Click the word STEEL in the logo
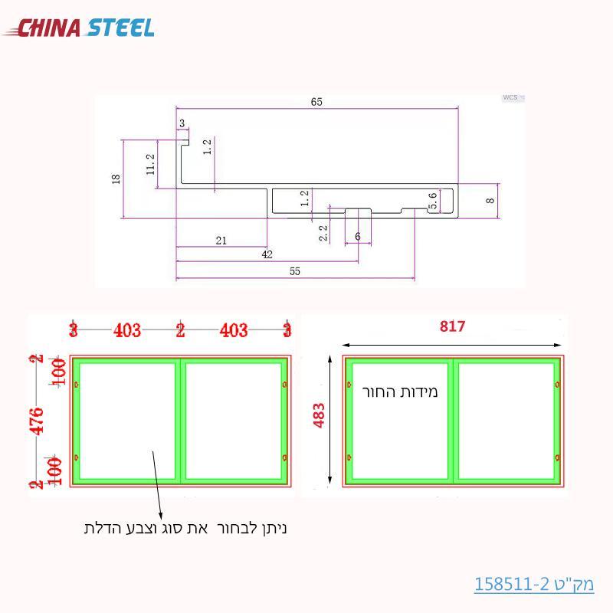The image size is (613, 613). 120,28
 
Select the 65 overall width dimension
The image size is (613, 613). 316,102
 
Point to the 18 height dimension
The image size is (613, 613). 116,179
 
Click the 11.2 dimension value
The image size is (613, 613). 150,163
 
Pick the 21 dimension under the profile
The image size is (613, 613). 221,241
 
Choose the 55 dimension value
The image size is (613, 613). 295,271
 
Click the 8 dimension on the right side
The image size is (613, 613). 490,200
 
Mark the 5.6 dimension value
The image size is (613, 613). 433,202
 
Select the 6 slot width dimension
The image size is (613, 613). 357,238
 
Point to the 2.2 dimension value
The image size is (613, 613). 323,232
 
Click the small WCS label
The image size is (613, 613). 510,98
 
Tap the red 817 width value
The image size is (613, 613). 452,326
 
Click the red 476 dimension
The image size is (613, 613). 35,421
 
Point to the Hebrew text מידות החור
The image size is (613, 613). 399,392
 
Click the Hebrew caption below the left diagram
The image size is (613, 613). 185,528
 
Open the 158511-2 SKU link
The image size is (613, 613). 534,584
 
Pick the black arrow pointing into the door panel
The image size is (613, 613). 157,483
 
